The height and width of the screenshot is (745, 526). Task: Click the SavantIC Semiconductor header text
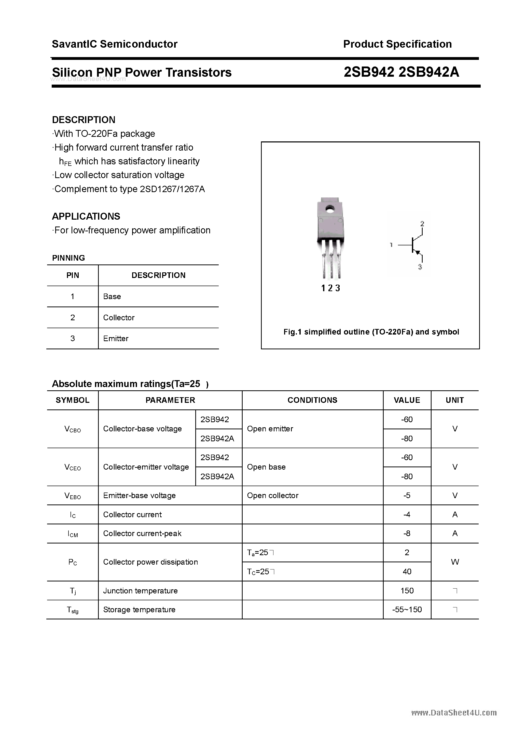(115, 44)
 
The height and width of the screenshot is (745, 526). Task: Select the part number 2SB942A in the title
(429, 72)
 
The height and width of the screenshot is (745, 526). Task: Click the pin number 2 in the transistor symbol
(422, 223)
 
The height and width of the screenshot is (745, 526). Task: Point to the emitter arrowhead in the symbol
(418, 252)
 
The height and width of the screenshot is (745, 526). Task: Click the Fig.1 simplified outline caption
(371, 332)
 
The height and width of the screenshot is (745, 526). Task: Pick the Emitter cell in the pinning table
(116, 338)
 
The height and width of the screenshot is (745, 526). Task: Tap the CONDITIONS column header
(312, 400)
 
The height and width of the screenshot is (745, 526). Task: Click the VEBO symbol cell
(73, 496)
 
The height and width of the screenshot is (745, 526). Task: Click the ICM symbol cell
(73, 534)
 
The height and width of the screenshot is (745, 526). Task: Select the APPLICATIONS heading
(86, 216)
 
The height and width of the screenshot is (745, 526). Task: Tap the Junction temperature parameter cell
(141, 591)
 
